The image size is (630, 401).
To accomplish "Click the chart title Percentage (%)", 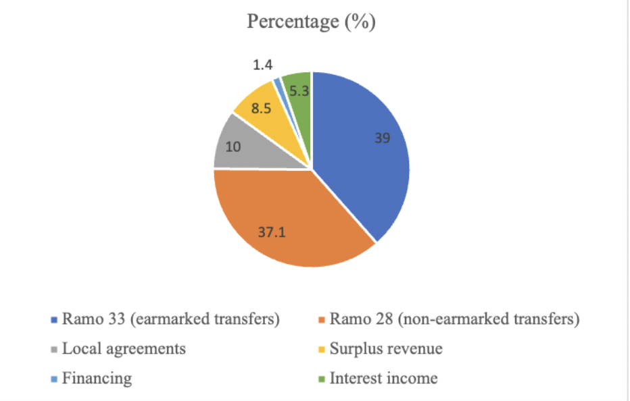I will pyautogui.click(x=311, y=22).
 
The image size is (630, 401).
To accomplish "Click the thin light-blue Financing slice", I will pyautogui.click(x=277, y=84).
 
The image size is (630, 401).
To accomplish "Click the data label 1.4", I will pyautogui.click(x=264, y=65).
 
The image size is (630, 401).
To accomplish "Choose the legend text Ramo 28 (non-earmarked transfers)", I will pyautogui.click(x=454, y=319).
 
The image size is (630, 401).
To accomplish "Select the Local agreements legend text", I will pyautogui.click(x=124, y=349).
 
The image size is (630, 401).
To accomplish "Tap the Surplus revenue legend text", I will pyautogui.click(x=386, y=349).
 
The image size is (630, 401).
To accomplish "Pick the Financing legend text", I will pyautogui.click(x=97, y=378).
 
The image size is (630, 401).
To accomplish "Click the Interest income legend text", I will pyautogui.click(x=383, y=378).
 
